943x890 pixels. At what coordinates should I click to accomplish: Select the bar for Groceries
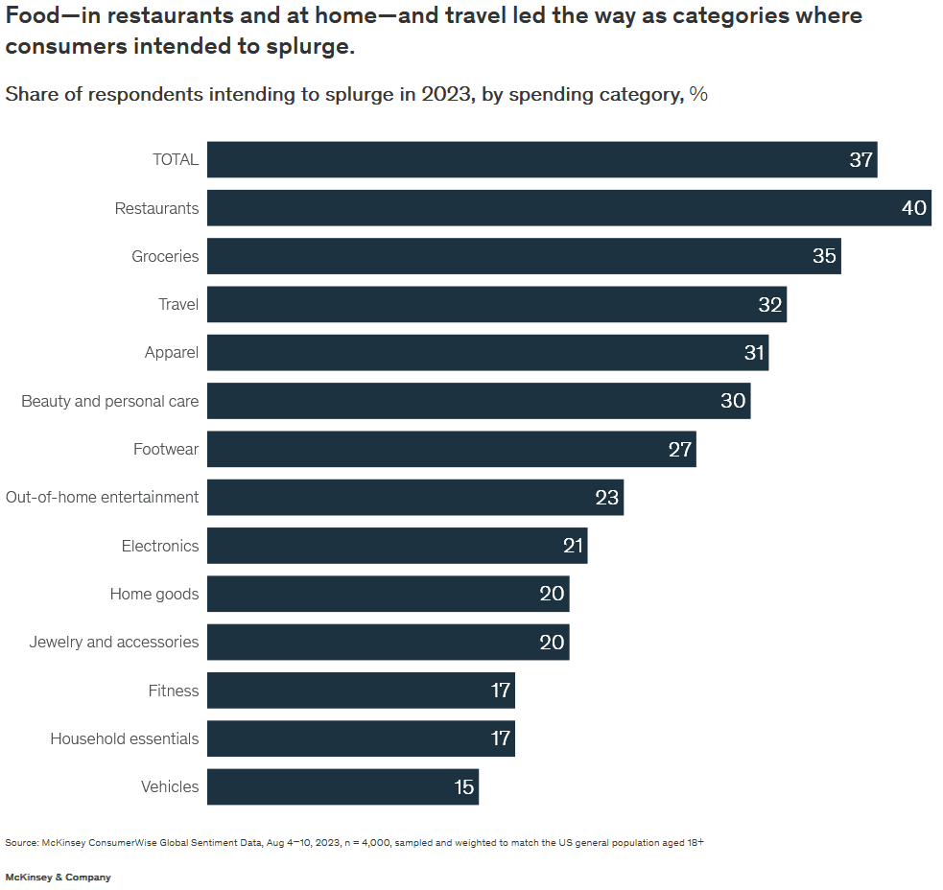coord(524,256)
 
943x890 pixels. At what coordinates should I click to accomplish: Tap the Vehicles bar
coord(342,786)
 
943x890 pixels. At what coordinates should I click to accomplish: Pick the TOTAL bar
coord(542,159)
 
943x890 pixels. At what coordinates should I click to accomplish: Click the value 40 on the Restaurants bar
coord(914,208)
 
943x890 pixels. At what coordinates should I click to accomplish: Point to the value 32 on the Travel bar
coord(770,305)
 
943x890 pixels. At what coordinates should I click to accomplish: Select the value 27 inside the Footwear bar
coord(680,449)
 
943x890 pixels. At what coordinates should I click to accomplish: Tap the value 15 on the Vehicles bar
coord(464,786)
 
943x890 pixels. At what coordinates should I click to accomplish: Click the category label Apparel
coord(172,353)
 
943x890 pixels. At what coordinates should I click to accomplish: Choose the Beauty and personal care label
coord(110,401)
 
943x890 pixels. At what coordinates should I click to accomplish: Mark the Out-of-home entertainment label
coord(103,497)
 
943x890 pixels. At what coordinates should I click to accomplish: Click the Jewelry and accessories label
coord(114,642)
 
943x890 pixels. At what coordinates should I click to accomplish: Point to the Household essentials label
coord(125,738)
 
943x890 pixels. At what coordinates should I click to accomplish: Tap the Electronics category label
coord(160,546)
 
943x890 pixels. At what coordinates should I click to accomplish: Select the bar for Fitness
coord(361,691)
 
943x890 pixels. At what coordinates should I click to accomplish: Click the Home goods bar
coord(388,594)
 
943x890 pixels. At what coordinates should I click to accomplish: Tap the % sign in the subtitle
coord(698,94)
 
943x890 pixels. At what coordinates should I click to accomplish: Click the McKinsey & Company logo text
coord(58,878)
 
